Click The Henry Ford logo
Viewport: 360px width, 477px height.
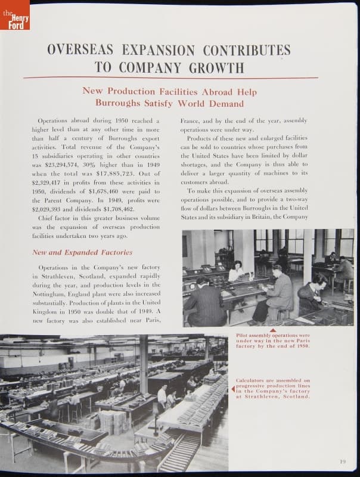[x=14, y=15]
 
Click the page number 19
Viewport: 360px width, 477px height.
[x=343, y=461]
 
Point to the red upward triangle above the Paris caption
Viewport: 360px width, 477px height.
[x=272, y=330]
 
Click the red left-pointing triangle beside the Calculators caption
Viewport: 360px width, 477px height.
[x=233, y=389]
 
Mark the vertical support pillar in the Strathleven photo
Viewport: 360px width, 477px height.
[x=144, y=364]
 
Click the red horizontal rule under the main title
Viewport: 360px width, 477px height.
[x=170, y=78]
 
